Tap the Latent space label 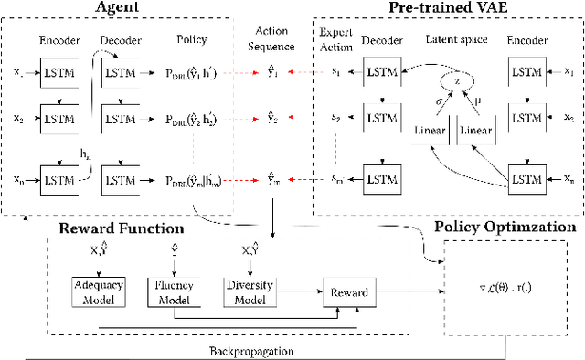[x=454, y=40]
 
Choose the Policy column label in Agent [x=191, y=40]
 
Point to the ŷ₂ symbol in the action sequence [x=271, y=117]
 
